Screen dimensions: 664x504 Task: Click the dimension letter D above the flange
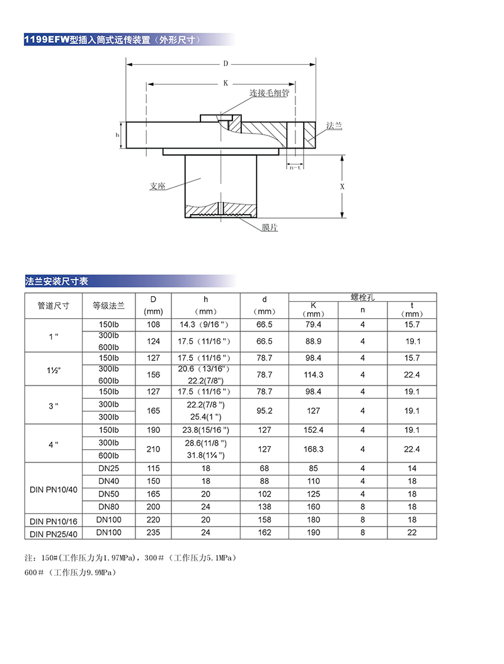[225, 64]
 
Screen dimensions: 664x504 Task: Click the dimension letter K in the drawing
[225, 83]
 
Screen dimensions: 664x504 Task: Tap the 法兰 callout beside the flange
[334, 126]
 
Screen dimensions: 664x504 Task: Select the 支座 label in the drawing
[157, 186]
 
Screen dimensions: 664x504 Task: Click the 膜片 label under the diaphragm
[270, 227]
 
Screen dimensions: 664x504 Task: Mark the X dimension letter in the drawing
[342, 187]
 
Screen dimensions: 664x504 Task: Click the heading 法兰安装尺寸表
[57, 281]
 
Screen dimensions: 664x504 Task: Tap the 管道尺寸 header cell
[54, 306]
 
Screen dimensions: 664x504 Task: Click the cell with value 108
[154, 324]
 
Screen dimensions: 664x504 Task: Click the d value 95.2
[265, 411]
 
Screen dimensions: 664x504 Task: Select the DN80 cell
[109, 507]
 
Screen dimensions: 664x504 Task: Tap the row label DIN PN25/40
[54, 534]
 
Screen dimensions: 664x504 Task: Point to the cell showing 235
[154, 532]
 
